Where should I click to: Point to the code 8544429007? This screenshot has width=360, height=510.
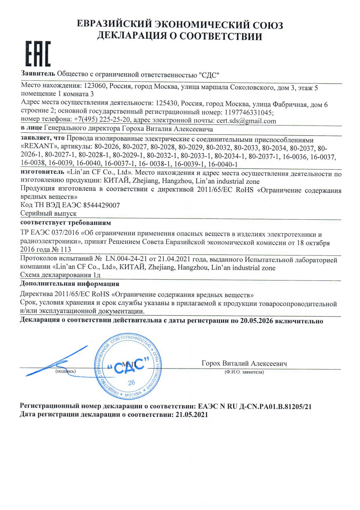pos(101,205)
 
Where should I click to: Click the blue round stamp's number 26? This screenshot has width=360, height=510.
pos(131,382)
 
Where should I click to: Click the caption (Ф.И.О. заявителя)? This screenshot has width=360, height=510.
pos(244,372)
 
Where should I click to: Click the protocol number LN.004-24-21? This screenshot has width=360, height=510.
pos(127,259)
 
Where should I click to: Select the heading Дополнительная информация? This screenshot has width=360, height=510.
pos(70,284)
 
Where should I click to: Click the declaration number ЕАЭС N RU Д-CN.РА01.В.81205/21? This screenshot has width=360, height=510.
pos(255,407)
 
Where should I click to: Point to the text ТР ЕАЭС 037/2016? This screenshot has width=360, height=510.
pos(50,234)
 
